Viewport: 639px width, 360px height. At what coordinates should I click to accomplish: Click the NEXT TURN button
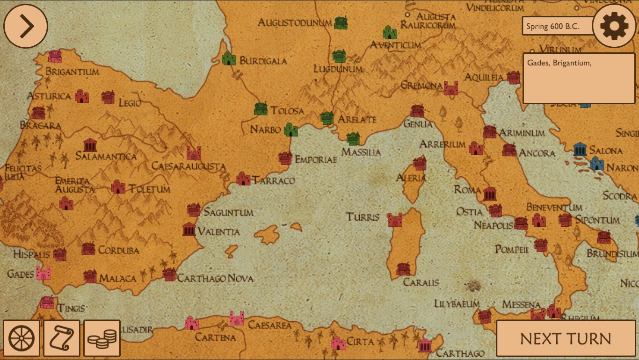click(565, 338)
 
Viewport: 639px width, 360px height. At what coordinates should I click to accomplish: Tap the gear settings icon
click(614, 26)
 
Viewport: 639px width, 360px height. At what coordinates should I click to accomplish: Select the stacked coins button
click(102, 338)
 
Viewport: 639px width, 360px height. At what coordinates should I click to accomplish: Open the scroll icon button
click(62, 338)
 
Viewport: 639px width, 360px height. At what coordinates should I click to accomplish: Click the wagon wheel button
click(22, 338)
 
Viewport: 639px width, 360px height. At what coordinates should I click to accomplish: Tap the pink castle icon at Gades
click(43, 273)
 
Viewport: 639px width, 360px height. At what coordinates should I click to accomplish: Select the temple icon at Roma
click(490, 193)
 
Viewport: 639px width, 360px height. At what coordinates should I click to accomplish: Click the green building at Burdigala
click(228, 58)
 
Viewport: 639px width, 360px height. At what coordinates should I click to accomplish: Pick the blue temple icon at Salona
click(580, 149)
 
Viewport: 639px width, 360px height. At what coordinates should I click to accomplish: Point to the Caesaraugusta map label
click(189, 166)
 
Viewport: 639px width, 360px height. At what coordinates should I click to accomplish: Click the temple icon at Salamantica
click(89, 144)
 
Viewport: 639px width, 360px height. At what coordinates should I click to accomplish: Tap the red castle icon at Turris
click(395, 219)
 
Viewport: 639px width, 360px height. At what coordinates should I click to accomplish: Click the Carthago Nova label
click(215, 279)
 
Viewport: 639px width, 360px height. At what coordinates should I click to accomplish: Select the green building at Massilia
click(353, 138)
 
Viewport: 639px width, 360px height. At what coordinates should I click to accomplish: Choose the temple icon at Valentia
click(189, 229)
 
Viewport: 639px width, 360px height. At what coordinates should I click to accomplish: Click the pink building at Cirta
click(338, 343)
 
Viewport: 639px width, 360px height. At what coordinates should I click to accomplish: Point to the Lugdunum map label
click(338, 69)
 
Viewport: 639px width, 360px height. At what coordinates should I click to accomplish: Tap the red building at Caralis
click(403, 269)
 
